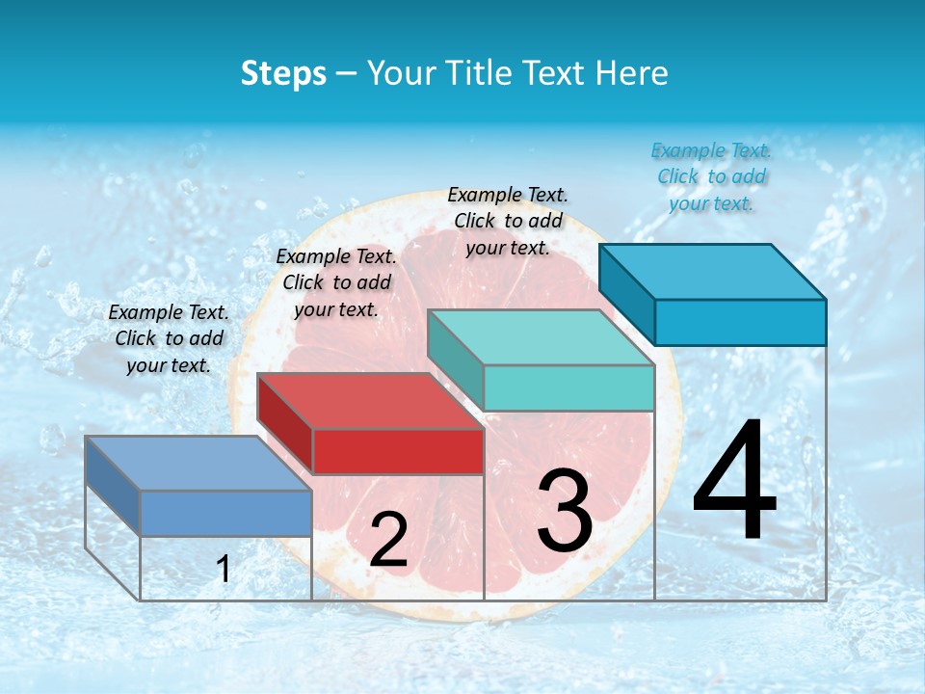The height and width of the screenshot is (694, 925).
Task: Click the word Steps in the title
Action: tap(283, 73)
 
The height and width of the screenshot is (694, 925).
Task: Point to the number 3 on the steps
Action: tap(564, 511)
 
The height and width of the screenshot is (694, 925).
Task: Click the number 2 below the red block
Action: tap(388, 540)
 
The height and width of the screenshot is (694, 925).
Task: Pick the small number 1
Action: tap(224, 570)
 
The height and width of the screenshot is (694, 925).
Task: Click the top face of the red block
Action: tap(370, 401)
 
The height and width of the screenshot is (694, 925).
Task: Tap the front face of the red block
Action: tap(398, 451)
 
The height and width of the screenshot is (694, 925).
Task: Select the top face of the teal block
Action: tap(541, 337)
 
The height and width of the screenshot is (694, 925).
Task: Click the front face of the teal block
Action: tap(568, 387)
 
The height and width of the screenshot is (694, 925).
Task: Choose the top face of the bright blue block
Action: tap(713, 271)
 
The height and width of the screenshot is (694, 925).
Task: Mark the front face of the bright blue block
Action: tap(740, 322)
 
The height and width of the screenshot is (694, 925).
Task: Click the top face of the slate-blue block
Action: tap(198, 463)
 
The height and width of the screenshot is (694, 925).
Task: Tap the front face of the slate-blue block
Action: tap(225, 513)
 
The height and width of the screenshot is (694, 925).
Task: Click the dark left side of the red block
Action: tap(285, 424)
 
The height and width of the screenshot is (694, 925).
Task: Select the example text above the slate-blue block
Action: tap(169, 338)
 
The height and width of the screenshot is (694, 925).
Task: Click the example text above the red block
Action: tap(336, 282)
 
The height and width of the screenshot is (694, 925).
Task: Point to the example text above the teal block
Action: tap(508, 221)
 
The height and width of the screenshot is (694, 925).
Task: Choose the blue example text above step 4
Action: tap(711, 176)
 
